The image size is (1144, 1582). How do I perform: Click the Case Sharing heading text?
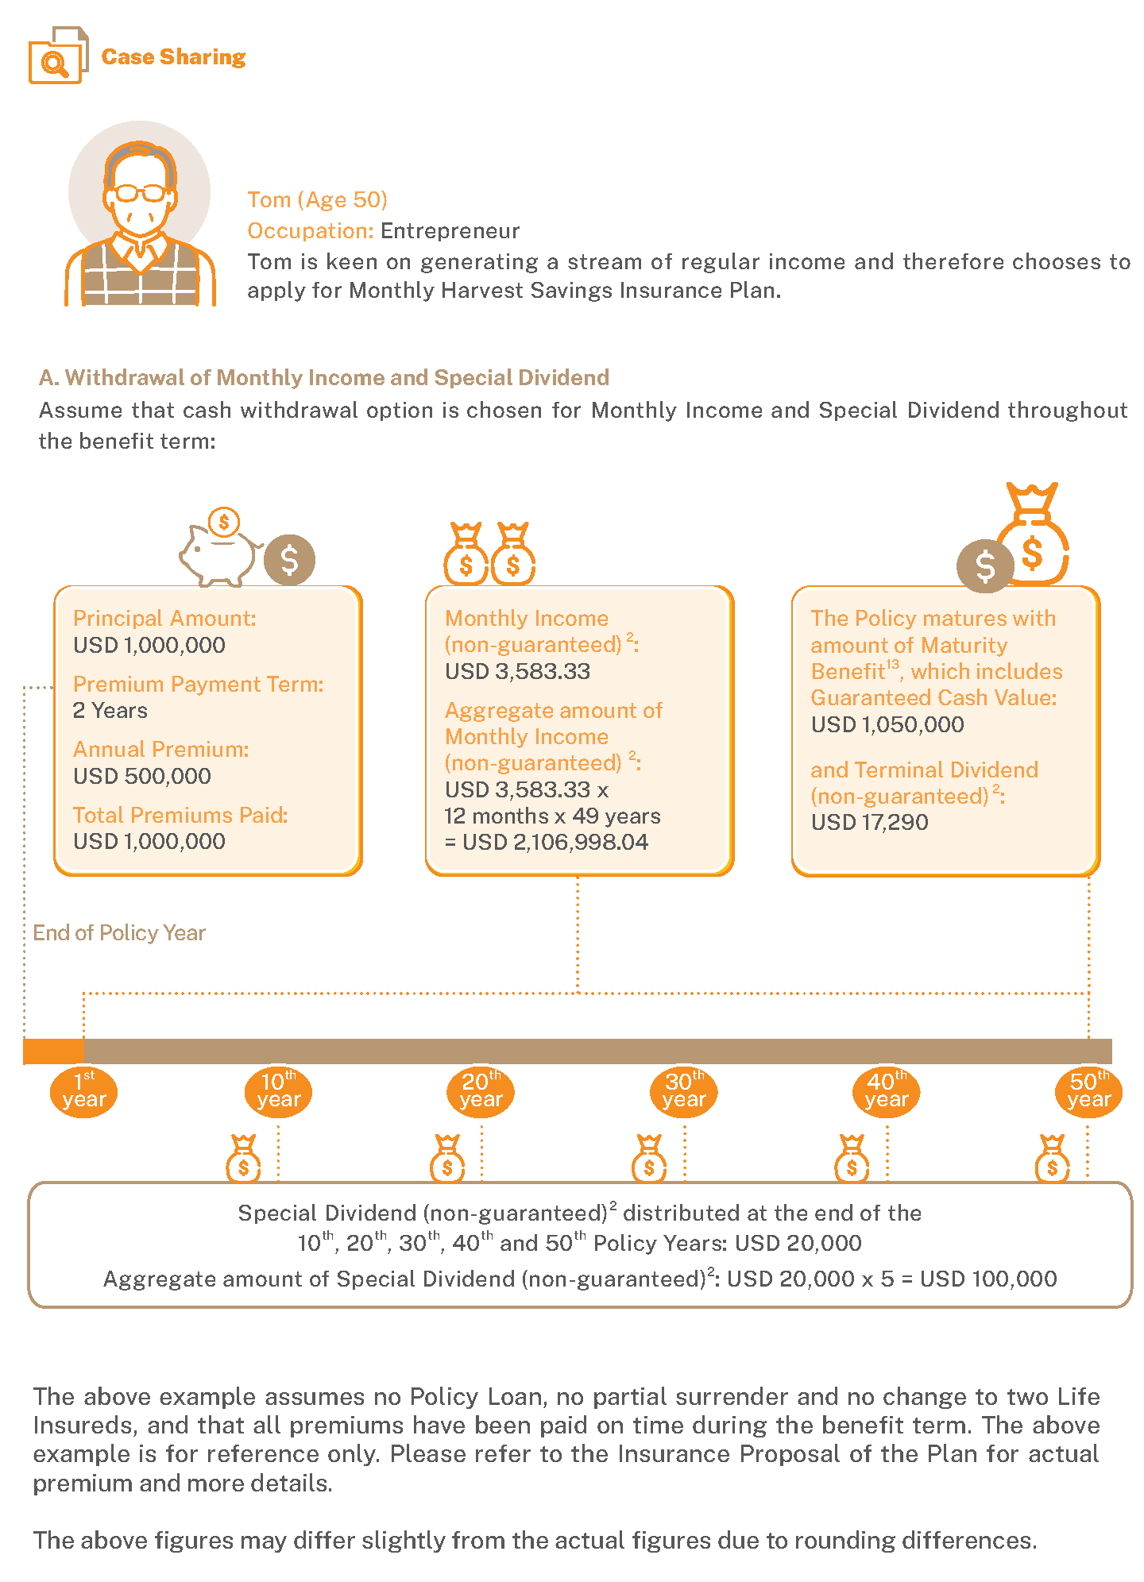pyautogui.click(x=173, y=57)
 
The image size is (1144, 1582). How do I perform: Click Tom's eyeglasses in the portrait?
pyautogui.click(x=140, y=192)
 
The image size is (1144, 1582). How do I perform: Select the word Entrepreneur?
pyautogui.click(x=450, y=231)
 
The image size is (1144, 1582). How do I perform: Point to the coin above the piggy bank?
pyautogui.click(x=224, y=522)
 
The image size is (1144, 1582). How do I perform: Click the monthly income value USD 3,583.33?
pyautogui.click(x=517, y=672)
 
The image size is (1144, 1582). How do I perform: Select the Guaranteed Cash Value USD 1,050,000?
pyautogui.click(x=887, y=724)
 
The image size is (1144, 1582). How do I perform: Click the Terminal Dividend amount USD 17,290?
pyautogui.click(x=869, y=823)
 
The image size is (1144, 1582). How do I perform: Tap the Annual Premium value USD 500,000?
pyautogui.click(x=142, y=776)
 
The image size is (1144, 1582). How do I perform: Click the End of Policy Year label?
pyautogui.click(x=119, y=933)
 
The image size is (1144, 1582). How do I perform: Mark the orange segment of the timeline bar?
pyautogui.click(x=53, y=1051)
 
